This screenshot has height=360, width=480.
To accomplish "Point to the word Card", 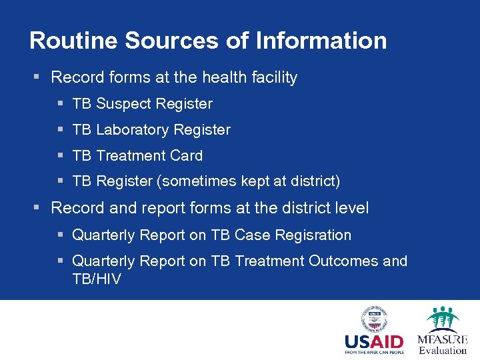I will pyautogui.click(x=186, y=156).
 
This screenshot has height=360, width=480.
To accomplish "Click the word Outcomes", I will pyautogui.click(x=343, y=261).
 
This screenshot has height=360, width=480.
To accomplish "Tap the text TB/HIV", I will pyautogui.click(x=97, y=279).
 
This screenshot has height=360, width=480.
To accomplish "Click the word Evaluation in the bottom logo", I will pyautogui.click(x=443, y=350).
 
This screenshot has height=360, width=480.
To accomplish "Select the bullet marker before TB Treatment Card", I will pyautogui.click(x=61, y=156).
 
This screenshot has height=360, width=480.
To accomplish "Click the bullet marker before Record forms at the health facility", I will pyautogui.click(x=39, y=78).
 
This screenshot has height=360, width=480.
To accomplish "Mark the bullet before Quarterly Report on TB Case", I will pyautogui.click(x=61, y=235).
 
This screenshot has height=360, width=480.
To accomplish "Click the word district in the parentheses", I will pyautogui.click(x=314, y=181).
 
